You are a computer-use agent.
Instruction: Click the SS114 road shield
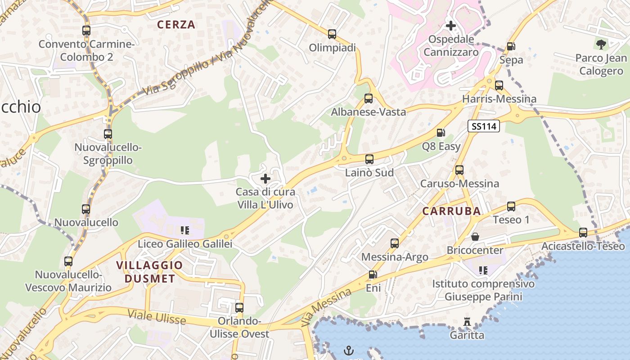[x=484, y=126]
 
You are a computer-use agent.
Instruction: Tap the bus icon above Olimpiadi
[x=332, y=34]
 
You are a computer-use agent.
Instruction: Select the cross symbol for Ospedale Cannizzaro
[x=450, y=26]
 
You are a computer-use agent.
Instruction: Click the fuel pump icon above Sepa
[x=511, y=46]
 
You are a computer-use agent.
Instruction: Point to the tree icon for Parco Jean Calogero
[x=601, y=44]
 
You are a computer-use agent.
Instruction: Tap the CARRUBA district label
[x=451, y=211]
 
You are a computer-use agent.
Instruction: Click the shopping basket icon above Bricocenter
[x=475, y=237]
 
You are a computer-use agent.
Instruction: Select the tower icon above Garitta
[x=467, y=322]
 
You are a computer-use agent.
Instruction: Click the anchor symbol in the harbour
[x=348, y=350]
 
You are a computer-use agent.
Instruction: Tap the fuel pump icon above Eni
[x=373, y=274]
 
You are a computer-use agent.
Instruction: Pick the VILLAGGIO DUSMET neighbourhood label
[x=149, y=272]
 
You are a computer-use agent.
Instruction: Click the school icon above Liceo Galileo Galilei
[x=184, y=231]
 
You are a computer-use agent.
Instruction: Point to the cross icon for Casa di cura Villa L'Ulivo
[x=265, y=179]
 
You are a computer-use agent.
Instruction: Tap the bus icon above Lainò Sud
[x=369, y=159]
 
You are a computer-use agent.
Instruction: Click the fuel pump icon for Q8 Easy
[x=441, y=133]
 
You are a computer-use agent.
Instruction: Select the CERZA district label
[x=176, y=25]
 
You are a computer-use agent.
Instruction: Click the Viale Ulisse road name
[x=157, y=317]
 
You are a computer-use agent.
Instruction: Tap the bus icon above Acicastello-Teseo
[x=583, y=233]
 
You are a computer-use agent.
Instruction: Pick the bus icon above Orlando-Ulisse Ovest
[x=239, y=308]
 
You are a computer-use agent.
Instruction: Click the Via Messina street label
[x=327, y=307]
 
